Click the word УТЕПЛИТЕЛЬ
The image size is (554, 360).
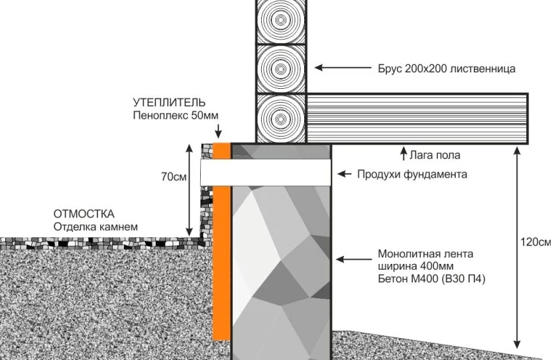[x=169, y=103]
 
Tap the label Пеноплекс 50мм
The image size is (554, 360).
[x=176, y=115]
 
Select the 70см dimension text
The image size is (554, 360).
[x=174, y=177]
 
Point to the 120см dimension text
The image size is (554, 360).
[x=535, y=242]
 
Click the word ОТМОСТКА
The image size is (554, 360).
[x=84, y=214]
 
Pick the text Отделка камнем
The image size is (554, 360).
[x=95, y=227]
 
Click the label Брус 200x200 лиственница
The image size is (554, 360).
[x=447, y=68]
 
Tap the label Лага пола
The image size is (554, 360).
[x=435, y=155]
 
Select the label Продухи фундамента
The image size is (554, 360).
[x=412, y=174]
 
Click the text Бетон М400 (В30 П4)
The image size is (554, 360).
[x=432, y=279]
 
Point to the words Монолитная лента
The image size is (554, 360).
[x=425, y=254]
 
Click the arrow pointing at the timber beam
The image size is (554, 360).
[x=343, y=67]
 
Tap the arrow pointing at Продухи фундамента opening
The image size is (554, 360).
[x=344, y=174]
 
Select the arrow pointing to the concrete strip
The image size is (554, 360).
[x=354, y=259]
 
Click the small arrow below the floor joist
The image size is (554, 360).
[x=404, y=153]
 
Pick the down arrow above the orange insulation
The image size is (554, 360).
[x=218, y=131]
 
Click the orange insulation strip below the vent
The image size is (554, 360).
[x=221, y=263]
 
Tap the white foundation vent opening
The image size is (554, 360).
[x=266, y=172]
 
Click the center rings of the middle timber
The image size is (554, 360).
[x=280, y=68]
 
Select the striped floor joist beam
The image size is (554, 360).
[x=417, y=119]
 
